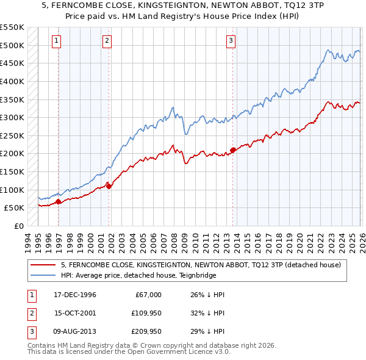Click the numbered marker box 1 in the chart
[x=56, y=41]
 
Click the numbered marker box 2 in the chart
[x=107, y=41]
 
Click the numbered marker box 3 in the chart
[x=231, y=41]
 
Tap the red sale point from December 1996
[x=59, y=201]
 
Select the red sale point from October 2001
[x=109, y=186]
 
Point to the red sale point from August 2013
[x=233, y=150]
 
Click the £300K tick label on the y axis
[x=12, y=117]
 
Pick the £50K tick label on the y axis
[x=15, y=207]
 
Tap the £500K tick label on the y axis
[x=12, y=45]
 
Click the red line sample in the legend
[x=43, y=265]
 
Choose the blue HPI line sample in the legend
[x=43, y=275]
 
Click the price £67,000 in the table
[x=147, y=295]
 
